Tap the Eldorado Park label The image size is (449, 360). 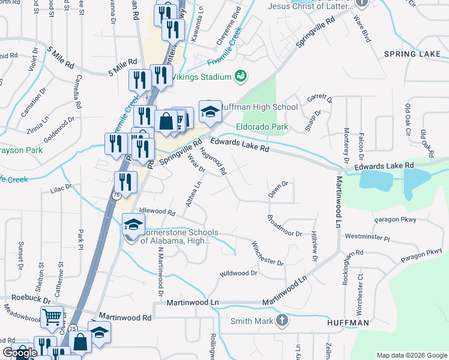[x=262, y=127]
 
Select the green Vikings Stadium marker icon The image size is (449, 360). [x=241, y=76]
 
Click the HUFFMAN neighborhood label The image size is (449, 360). [x=348, y=323]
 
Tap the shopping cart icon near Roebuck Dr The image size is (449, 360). [x=52, y=316]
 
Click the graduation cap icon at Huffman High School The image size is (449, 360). [x=210, y=111]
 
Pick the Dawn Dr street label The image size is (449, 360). [x=279, y=190]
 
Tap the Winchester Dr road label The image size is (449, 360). [x=267, y=254]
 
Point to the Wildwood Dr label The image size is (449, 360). [x=238, y=274]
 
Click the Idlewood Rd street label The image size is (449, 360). [x=157, y=212]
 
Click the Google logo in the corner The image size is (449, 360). [x=19, y=353]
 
